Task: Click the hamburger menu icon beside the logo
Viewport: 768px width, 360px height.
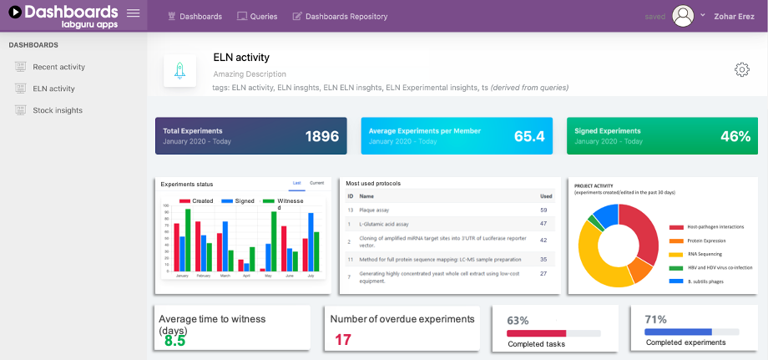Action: coord(134,13)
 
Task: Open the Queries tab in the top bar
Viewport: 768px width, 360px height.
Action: coord(257,17)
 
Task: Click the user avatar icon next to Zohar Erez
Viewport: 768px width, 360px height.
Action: coord(684,16)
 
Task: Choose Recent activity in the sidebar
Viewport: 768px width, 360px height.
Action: coord(58,67)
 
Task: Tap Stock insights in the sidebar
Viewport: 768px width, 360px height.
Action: coord(58,110)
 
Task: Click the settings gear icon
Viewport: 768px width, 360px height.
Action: coord(741,69)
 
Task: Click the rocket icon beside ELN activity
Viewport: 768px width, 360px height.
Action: coord(179,72)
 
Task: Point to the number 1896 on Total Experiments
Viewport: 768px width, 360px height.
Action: coord(321,136)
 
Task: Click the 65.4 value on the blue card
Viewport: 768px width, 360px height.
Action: coord(529,136)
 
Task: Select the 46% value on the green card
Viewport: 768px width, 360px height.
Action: coord(735,136)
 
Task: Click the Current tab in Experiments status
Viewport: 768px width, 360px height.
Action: coord(316,183)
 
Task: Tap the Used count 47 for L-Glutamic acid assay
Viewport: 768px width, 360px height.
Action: coord(543,224)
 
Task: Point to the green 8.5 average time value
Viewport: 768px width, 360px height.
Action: coord(174,340)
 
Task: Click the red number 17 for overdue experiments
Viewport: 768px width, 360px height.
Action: coord(342,340)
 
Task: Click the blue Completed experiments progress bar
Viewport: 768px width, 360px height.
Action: coord(677,332)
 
